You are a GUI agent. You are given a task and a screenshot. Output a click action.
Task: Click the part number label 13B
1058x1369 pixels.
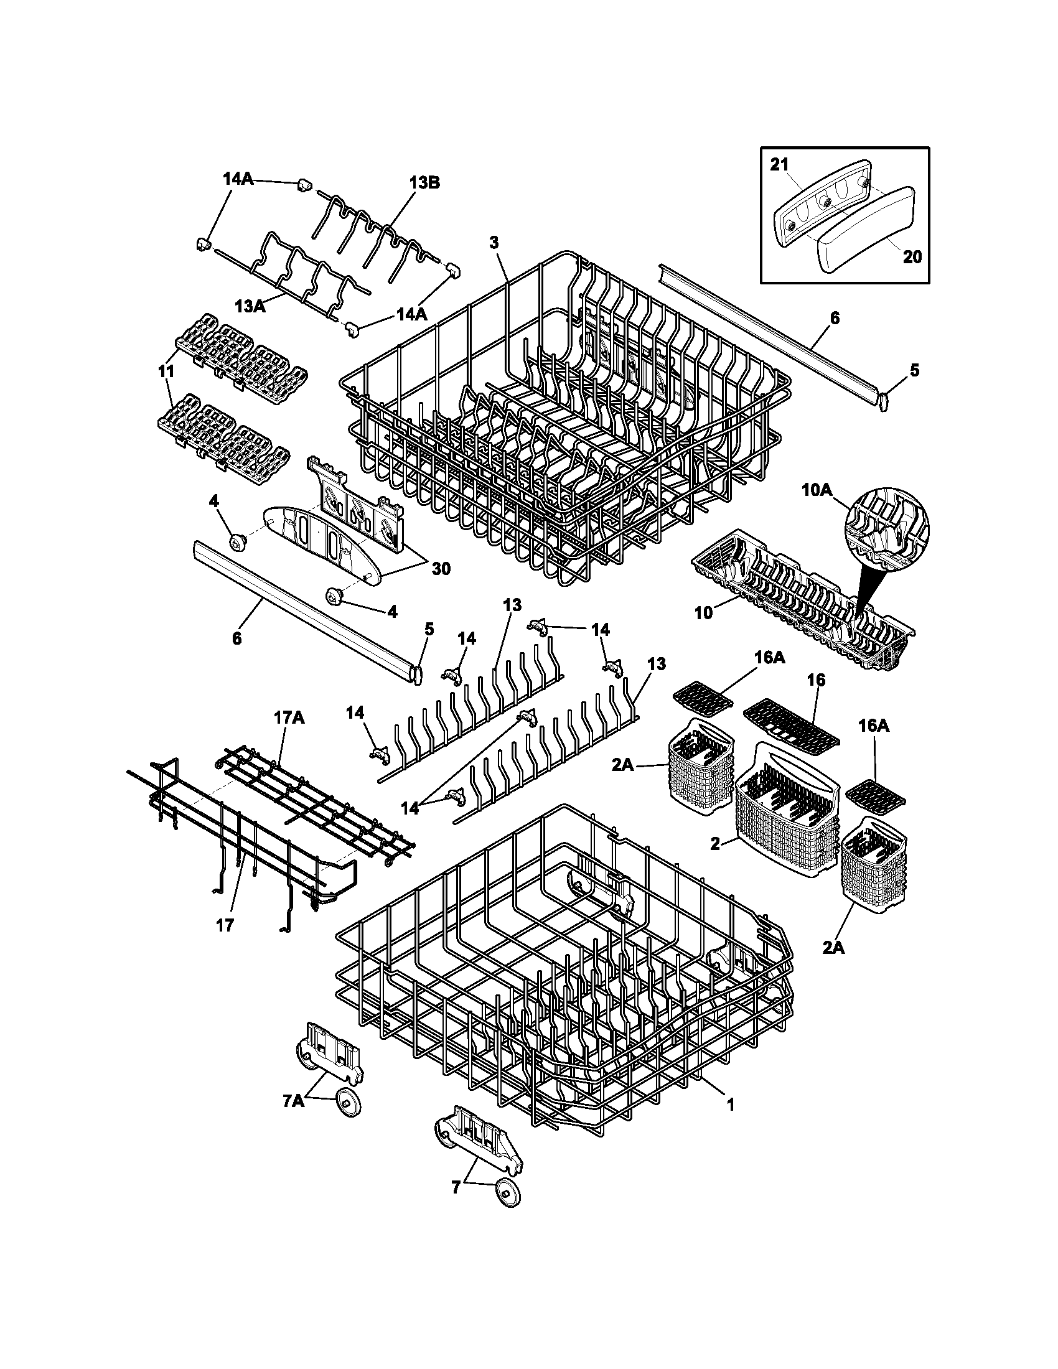click(x=424, y=183)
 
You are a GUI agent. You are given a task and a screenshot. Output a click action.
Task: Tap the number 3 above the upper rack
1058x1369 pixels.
click(x=495, y=243)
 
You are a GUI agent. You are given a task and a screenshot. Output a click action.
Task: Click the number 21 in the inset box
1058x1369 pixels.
click(x=779, y=181)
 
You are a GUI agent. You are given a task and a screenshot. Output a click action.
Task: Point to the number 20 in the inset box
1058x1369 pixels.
click(x=912, y=256)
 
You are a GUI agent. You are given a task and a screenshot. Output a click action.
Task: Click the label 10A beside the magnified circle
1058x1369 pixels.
click(x=817, y=490)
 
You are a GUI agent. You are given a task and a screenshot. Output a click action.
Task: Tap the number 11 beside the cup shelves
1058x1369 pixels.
click(x=166, y=370)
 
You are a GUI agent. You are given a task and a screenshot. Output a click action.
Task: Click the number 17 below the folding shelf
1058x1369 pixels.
click(x=225, y=925)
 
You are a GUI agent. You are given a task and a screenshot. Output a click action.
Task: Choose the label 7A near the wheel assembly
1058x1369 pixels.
click(x=293, y=1101)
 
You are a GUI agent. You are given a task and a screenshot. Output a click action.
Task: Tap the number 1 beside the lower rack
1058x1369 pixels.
click(x=729, y=1105)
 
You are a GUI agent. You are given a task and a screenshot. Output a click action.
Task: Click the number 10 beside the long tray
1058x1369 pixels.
click(x=704, y=612)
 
